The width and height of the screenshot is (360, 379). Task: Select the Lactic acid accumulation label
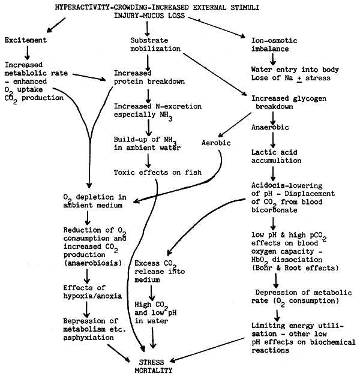click(277, 158)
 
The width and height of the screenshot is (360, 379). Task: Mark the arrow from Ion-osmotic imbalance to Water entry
click(272, 59)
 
